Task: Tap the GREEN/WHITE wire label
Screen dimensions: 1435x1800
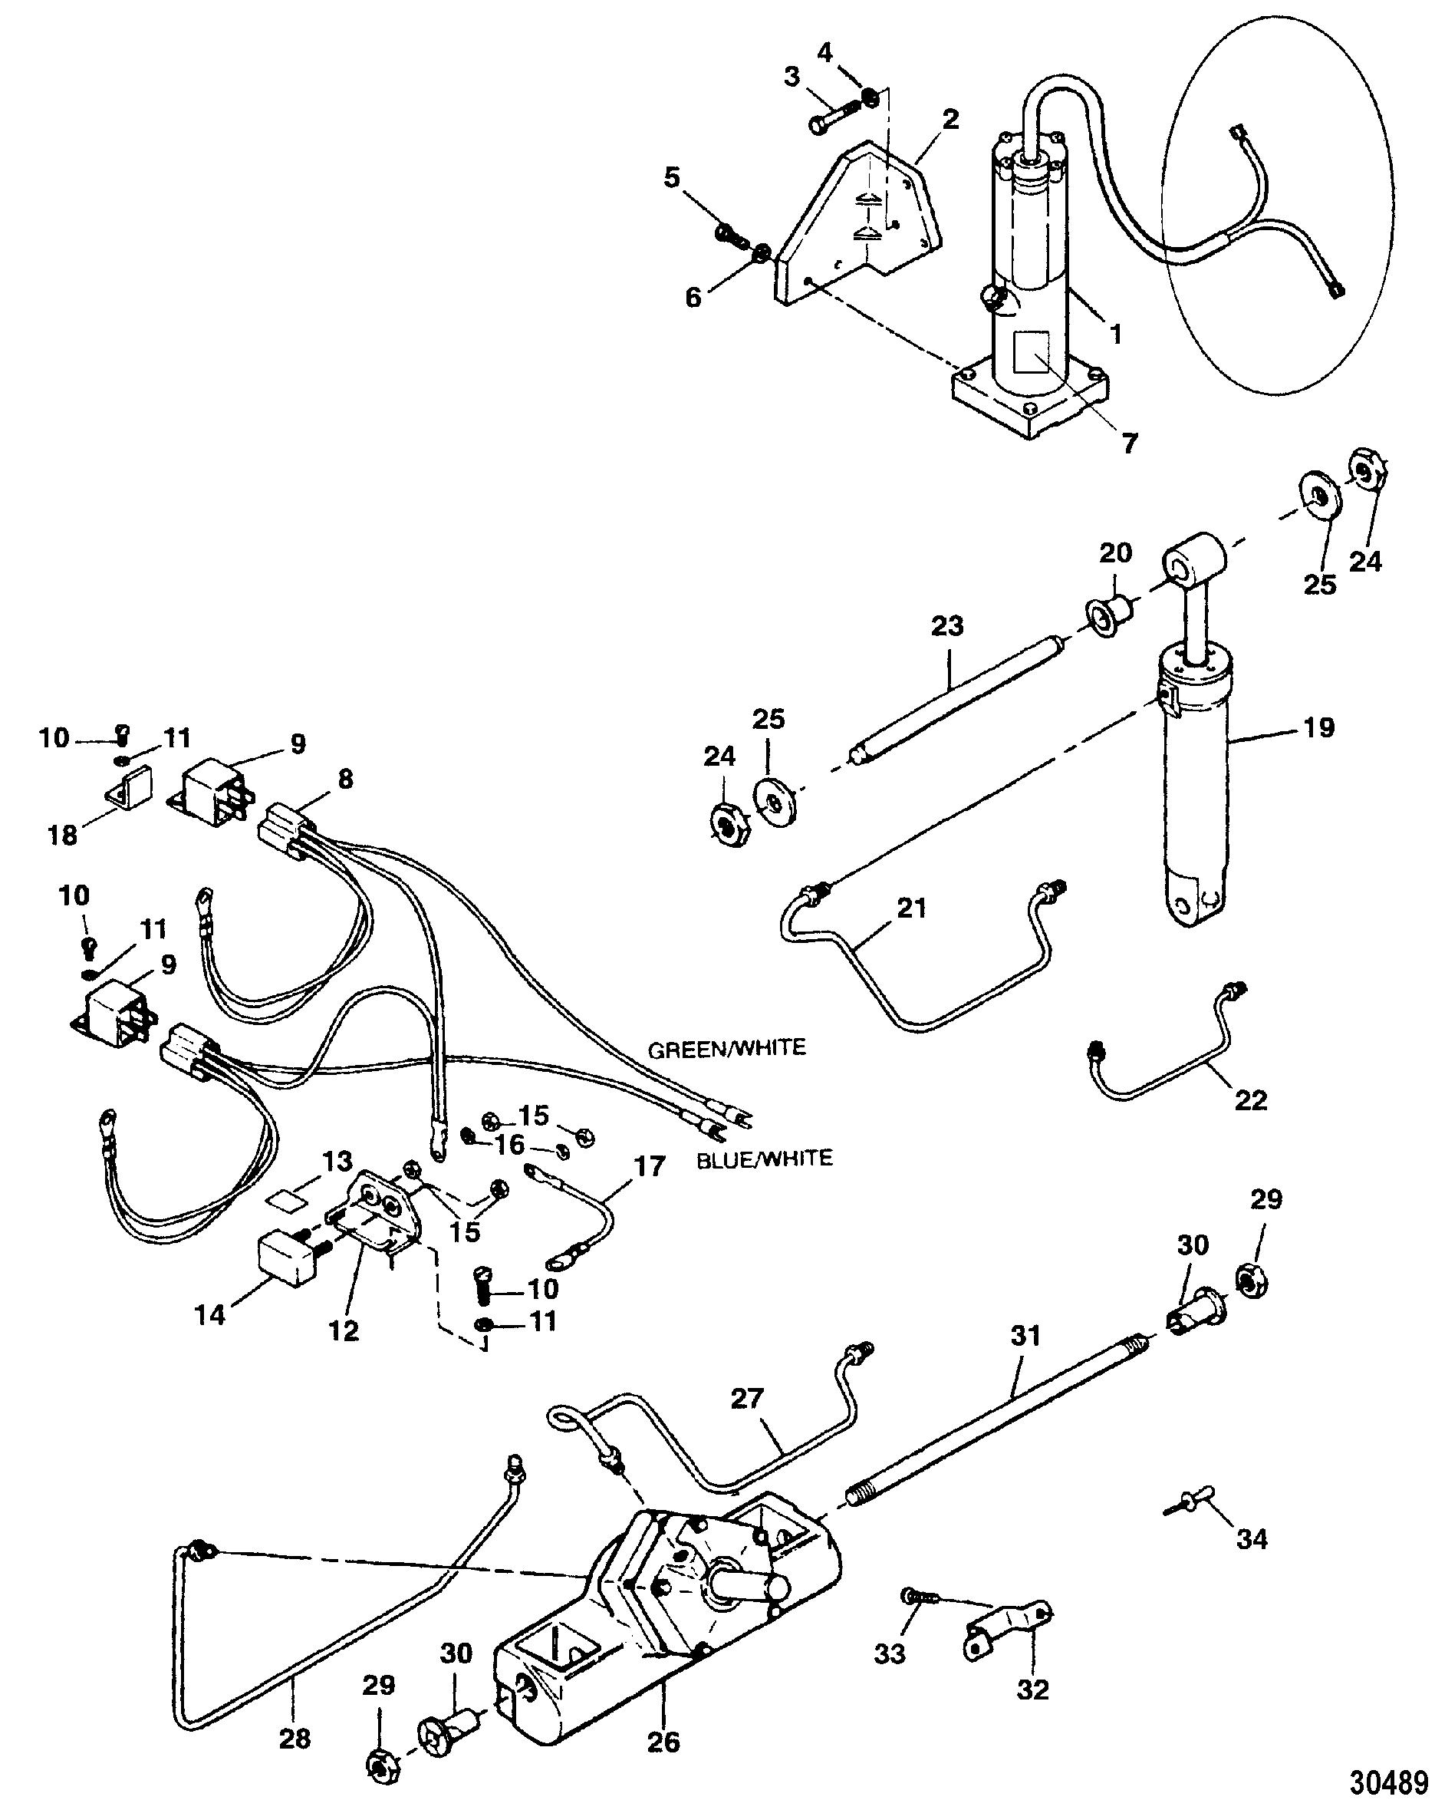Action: click(727, 1048)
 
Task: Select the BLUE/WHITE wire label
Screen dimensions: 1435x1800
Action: click(765, 1158)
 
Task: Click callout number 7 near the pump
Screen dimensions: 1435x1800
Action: click(1130, 443)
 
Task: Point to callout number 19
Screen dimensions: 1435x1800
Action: click(1318, 727)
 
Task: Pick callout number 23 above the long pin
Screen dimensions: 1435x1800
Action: click(947, 625)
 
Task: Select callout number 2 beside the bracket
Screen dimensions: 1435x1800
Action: click(950, 120)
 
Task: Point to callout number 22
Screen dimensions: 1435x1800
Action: click(1249, 1099)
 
